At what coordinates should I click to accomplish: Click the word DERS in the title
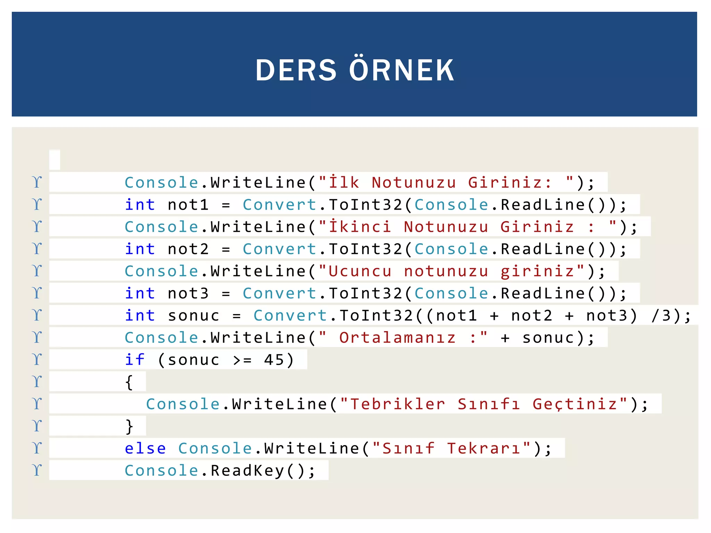296,70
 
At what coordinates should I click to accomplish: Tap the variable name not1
188,205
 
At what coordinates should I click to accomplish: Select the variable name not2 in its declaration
188,249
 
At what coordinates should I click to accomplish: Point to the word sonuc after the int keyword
193,316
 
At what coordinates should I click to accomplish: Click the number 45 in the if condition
274,360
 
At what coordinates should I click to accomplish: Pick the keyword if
135,360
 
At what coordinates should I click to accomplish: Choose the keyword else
145,448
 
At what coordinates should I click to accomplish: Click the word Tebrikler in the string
398,404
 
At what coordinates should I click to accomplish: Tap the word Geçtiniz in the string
575,404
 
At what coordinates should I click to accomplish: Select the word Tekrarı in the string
483,448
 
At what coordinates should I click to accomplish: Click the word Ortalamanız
398,338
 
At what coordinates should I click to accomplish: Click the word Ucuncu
360,271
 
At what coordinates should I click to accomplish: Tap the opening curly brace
129,382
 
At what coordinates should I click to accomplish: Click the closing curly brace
129,426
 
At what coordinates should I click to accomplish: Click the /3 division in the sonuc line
661,316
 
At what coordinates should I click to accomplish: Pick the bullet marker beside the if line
37,359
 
